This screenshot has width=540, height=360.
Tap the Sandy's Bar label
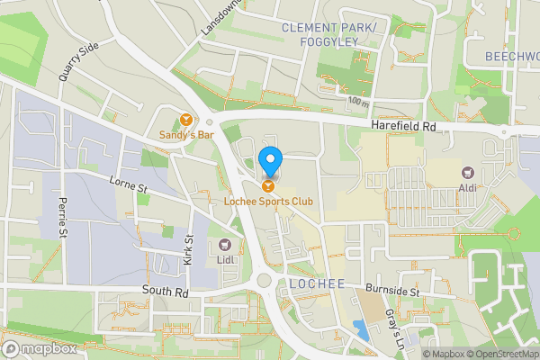click(x=186, y=135)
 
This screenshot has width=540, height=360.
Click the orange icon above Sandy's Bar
click(x=186, y=119)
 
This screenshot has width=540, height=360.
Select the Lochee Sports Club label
click(x=269, y=201)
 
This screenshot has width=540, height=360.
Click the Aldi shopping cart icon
click(x=467, y=172)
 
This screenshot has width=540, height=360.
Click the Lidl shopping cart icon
click(x=225, y=244)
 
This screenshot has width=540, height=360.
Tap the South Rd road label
click(x=166, y=292)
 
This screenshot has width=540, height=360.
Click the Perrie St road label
click(x=63, y=217)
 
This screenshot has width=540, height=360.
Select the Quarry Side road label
click(x=77, y=61)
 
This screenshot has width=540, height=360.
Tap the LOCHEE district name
click(x=317, y=283)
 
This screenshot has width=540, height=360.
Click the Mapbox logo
click(x=40, y=348)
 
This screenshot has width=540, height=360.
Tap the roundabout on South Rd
click(x=264, y=280)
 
